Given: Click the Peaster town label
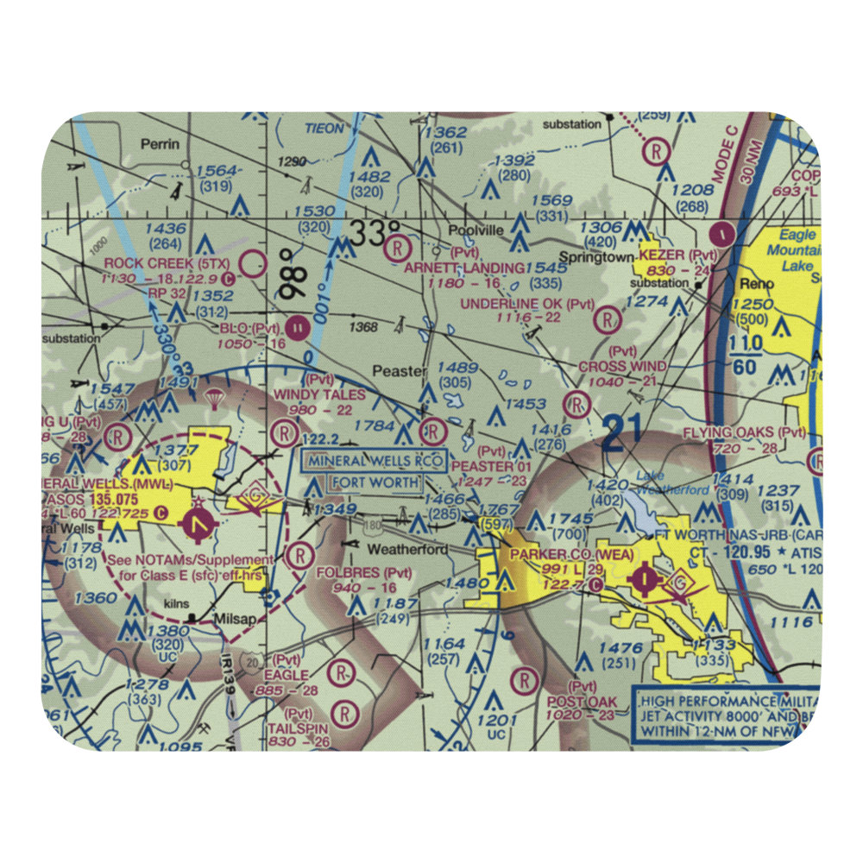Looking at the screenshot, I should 399,371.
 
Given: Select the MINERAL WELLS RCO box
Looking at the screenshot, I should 373,460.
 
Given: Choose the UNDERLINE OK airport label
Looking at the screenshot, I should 527,304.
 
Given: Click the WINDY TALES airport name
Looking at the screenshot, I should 319,394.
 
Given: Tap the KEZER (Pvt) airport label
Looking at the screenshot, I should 678,255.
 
